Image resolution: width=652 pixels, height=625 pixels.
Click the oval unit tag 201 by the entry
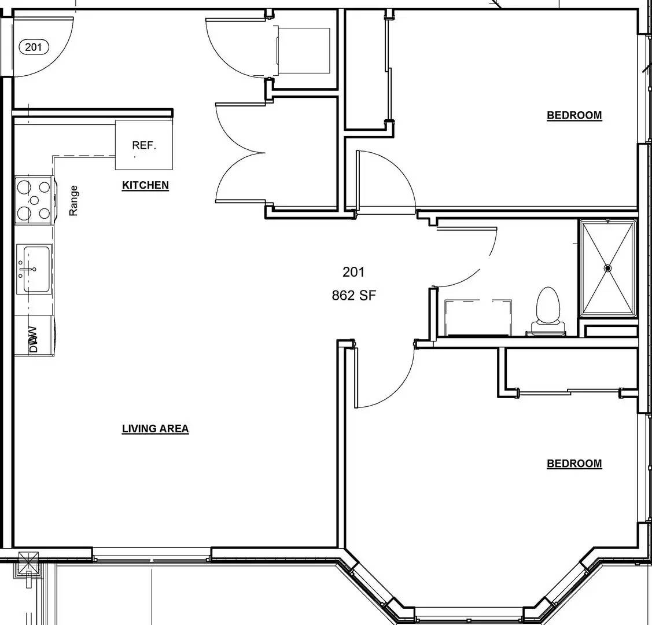[x=34, y=47]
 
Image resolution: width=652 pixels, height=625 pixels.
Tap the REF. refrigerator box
[x=144, y=145]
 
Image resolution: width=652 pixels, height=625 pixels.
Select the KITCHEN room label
[x=145, y=186]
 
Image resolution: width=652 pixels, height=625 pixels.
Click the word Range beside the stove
[x=73, y=200]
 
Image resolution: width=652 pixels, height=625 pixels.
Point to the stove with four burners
[x=34, y=200]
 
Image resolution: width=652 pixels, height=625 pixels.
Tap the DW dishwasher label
[x=33, y=339]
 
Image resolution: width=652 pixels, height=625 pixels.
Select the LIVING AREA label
[x=155, y=429]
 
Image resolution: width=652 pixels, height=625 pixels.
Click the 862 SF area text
[x=353, y=295]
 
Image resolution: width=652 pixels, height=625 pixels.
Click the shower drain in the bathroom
[x=608, y=268]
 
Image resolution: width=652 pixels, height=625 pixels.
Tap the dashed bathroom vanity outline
[x=477, y=317]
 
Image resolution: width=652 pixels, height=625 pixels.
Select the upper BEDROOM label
[x=574, y=115]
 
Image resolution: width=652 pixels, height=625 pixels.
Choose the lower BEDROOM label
[x=574, y=464]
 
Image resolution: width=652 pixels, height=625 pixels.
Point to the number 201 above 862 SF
[x=353, y=271]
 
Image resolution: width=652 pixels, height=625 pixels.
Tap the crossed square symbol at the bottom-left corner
[x=28, y=562]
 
